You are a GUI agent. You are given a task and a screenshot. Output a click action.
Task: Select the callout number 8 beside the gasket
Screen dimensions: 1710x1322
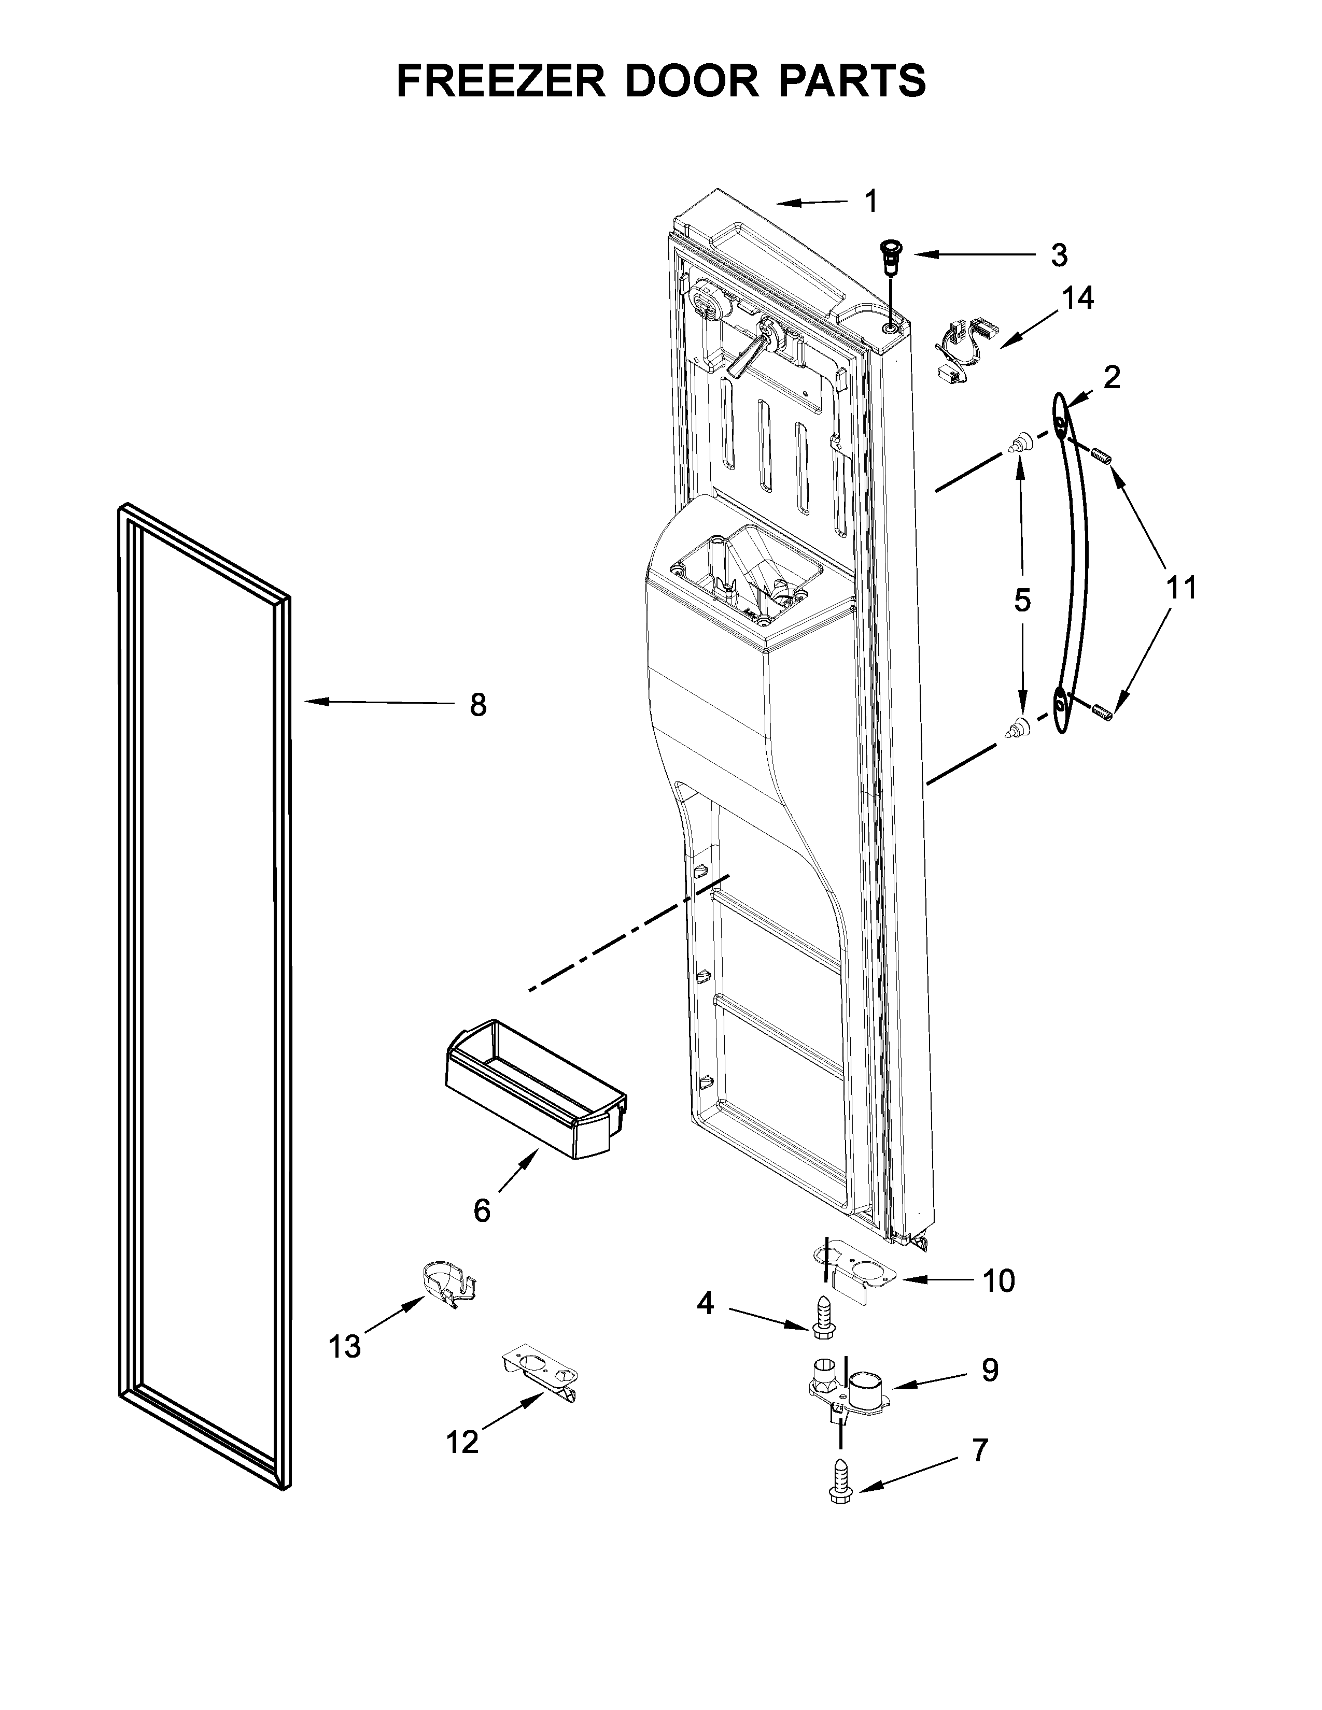[478, 705]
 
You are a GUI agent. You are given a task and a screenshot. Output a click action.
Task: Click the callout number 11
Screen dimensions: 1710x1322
[1181, 587]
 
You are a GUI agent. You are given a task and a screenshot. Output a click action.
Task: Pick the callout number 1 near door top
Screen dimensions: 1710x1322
[871, 201]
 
